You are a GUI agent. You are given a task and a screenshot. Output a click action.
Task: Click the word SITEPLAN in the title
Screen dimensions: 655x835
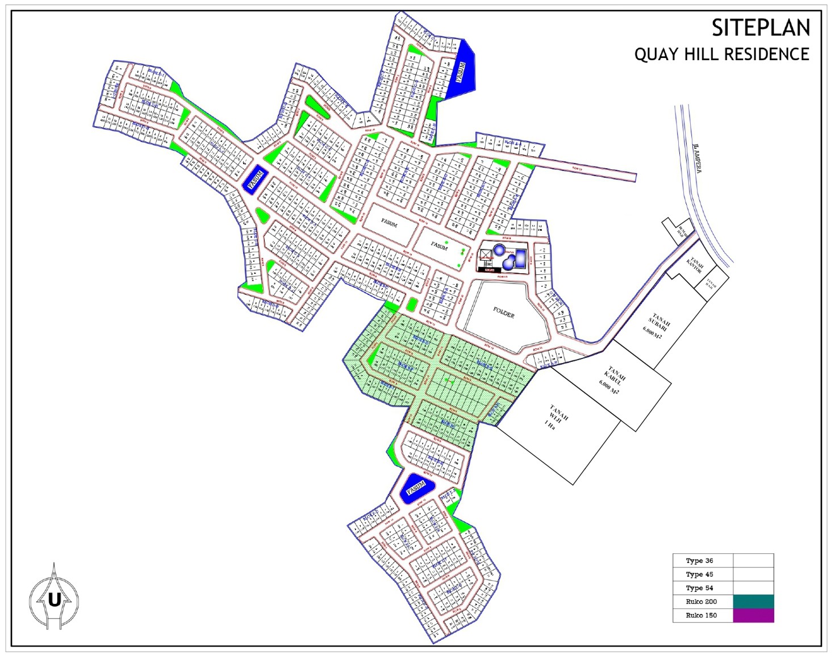761,28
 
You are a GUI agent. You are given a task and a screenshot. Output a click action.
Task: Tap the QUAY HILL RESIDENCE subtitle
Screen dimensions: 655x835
721,55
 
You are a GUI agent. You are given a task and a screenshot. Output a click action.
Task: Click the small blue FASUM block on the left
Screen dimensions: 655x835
256,179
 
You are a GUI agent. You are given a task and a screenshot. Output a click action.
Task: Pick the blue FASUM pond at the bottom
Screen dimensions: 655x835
416,488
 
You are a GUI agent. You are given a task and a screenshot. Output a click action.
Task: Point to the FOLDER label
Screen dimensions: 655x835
503,312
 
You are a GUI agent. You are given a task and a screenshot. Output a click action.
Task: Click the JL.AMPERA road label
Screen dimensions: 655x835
697,158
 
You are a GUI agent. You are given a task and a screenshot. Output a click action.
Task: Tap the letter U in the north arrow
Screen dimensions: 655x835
54,599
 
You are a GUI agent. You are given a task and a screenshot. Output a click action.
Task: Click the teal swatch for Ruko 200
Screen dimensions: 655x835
753,602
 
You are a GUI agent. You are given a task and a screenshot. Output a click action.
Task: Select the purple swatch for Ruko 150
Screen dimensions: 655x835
753,615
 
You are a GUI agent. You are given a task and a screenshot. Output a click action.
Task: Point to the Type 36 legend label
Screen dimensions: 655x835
699,561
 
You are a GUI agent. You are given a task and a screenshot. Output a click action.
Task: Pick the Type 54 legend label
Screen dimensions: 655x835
699,588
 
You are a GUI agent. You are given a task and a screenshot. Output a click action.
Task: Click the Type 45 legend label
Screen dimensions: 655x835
699,574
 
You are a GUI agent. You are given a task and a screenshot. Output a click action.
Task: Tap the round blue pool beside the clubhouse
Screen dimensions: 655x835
499,250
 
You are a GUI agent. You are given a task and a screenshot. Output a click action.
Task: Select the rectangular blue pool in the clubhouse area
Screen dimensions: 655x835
520,258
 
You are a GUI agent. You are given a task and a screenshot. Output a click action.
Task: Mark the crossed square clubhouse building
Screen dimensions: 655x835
486,255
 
